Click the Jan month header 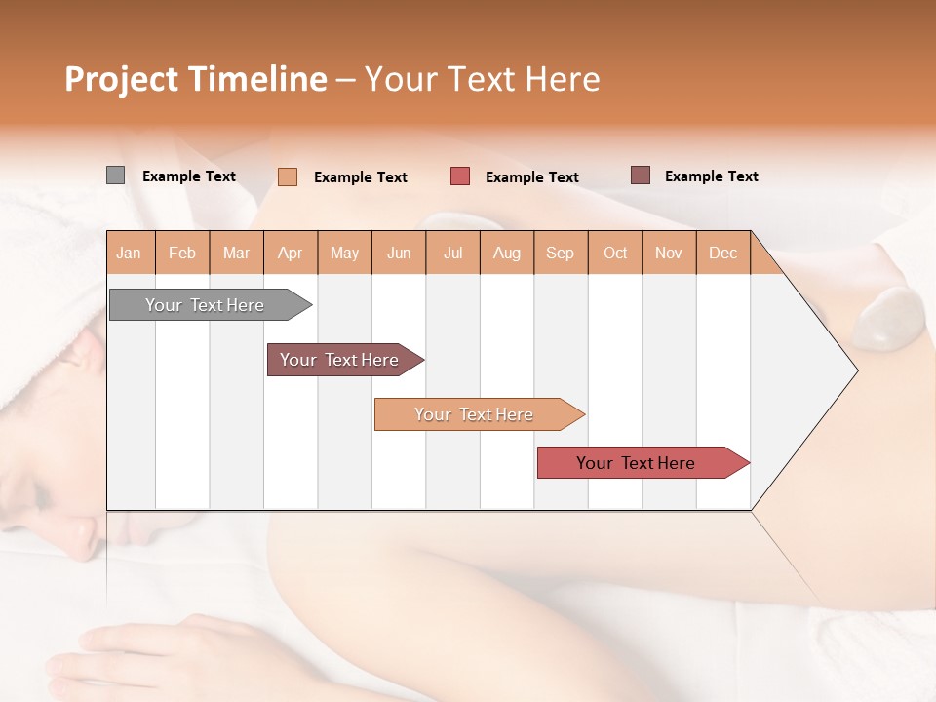[x=130, y=253]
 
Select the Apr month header [x=291, y=253]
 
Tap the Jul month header [x=452, y=253]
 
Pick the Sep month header [x=561, y=253]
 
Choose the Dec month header [x=722, y=253]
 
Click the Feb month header [x=182, y=253]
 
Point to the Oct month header [x=615, y=253]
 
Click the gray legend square [x=115, y=175]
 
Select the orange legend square [x=288, y=176]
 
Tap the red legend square [x=460, y=176]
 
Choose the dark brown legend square [x=641, y=175]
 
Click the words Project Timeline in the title [x=196, y=79]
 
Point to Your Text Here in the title [x=483, y=79]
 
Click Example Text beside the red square [x=532, y=177]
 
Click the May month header [x=344, y=253]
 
